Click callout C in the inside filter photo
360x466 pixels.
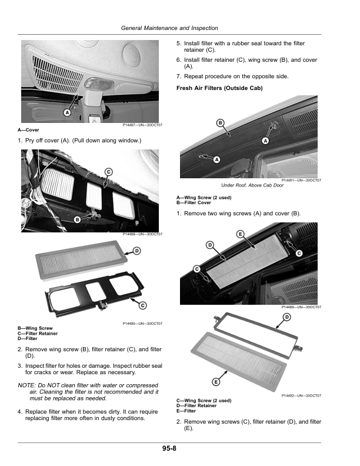pyautogui.click(x=109, y=171)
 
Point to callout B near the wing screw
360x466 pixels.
pyautogui.click(x=77, y=219)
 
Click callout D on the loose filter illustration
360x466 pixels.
pyautogui.click(x=136, y=251)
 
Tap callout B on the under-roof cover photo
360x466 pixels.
pyautogui.click(x=220, y=123)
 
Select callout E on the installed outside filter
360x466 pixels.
pyautogui.click(x=240, y=234)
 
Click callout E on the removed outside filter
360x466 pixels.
pyautogui.click(x=216, y=382)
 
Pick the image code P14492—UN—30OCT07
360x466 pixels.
pyautogui.click(x=301, y=396)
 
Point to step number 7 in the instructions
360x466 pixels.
pyautogui.click(x=178, y=76)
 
